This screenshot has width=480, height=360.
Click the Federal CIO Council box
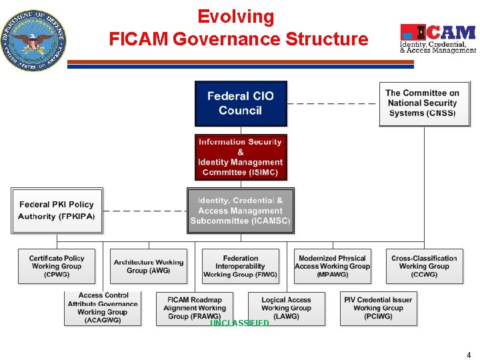coord(241,103)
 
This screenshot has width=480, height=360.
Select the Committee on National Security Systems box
coord(423,103)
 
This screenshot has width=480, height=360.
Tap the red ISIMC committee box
coord(241,157)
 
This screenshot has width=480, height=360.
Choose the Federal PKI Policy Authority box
coord(57,211)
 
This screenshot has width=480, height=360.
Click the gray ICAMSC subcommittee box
coord(241,211)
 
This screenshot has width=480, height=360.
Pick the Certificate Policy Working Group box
coord(57,266)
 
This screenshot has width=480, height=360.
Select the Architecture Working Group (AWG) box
coord(148,266)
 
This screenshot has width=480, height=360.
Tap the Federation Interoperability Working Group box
coord(240,266)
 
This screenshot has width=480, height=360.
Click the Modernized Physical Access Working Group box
coord(332,266)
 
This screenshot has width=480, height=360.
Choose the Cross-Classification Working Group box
coord(424,266)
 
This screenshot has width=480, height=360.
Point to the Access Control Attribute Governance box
coord(103,308)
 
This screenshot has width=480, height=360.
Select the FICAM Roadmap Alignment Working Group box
coord(195,308)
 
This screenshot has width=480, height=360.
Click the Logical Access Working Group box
coord(287,308)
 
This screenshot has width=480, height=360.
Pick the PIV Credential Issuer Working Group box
coord(378,308)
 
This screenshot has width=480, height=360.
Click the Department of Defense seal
coord(33,40)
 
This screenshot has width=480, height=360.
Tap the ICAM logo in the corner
coord(437,39)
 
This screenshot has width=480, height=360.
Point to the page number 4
coord(469,355)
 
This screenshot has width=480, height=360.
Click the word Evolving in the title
coord(235,17)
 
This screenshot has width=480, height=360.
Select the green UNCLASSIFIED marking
coord(240,323)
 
